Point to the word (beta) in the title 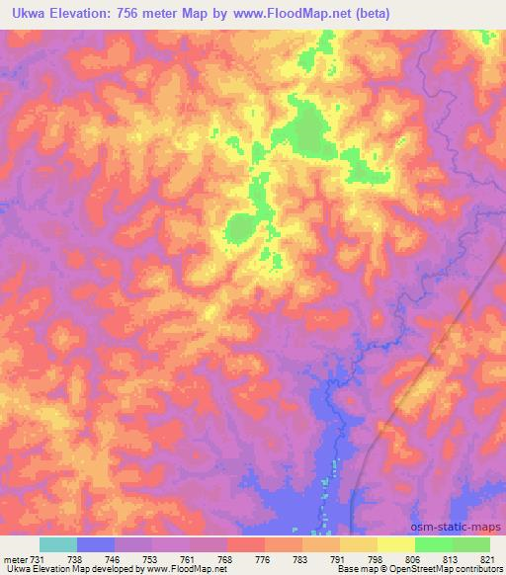pos(371,13)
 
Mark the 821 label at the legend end pos(489,559)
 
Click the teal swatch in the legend pos(58,544)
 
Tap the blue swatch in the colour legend pos(96,544)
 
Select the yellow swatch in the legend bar pos(396,544)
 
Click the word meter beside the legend pos(16,559)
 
